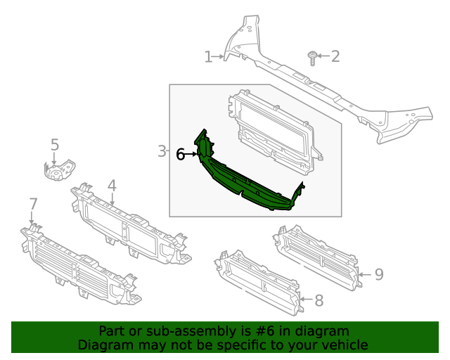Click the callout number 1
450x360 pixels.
tap(208, 57)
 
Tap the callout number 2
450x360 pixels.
tap(335, 56)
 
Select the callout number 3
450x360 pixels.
tap(161, 151)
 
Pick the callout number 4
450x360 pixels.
tap(111, 186)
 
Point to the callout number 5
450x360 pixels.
tap(55, 146)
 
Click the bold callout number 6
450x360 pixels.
tap(181, 154)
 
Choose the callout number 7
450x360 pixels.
tap(33, 204)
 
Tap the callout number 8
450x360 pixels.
tap(319, 301)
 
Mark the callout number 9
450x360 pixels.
tap(378, 274)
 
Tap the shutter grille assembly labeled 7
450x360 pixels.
tap(77, 267)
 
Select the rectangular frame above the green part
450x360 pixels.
tap(274, 134)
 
